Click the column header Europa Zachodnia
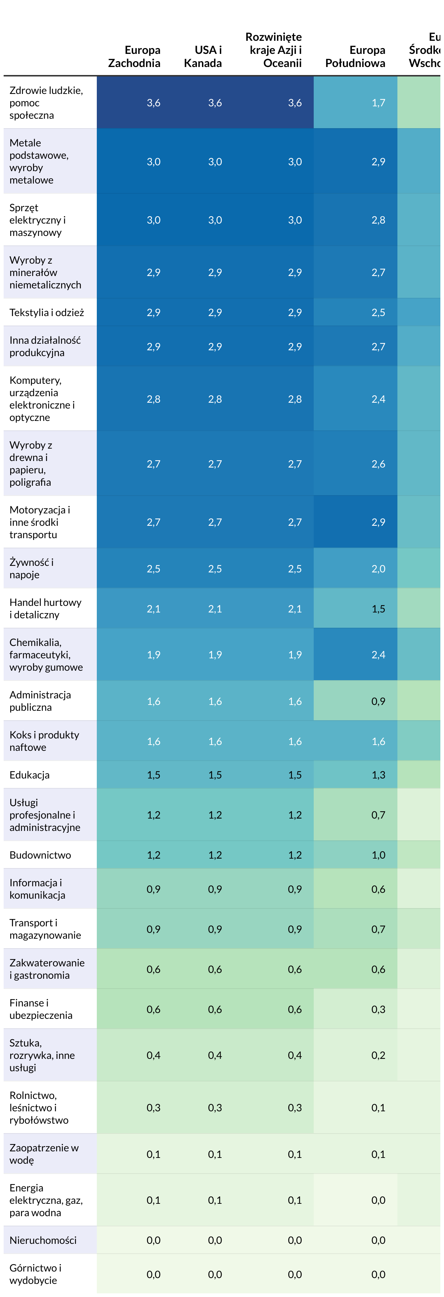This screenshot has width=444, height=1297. pyautogui.click(x=134, y=56)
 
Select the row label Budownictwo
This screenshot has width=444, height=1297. pyautogui.click(x=40, y=855)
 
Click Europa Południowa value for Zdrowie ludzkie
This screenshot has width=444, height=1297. pyautogui.click(x=378, y=103)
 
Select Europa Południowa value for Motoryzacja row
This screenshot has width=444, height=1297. pyautogui.click(x=378, y=522)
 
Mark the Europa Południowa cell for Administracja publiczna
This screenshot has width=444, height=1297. pyautogui.click(x=378, y=701)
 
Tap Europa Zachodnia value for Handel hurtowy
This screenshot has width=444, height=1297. pyautogui.click(x=154, y=609)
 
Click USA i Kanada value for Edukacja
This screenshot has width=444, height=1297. pyautogui.click(x=215, y=774)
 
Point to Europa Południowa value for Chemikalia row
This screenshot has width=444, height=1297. pyautogui.click(x=378, y=655)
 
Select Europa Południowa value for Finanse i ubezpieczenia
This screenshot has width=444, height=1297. pyautogui.click(x=378, y=1009)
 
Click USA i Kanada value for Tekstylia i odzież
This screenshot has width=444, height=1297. pyautogui.click(x=215, y=312)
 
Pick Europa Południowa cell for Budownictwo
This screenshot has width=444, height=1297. pyautogui.click(x=378, y=855)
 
